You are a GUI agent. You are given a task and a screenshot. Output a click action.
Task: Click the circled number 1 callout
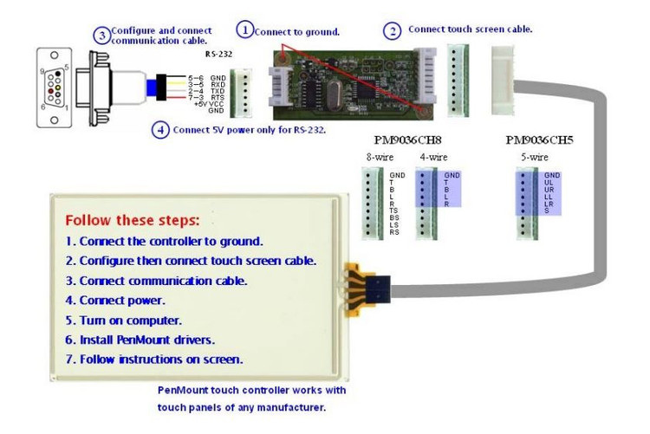pyautogui.click(x=245, y=30)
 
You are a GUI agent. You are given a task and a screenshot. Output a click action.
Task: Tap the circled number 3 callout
pyautogui.click(x=101, y=36)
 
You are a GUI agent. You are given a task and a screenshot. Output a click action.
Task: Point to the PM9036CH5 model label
pyautogui.click(x=538, y=139)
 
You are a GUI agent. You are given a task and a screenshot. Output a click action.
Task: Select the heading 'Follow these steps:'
pyautogui.click(x=132, y=220)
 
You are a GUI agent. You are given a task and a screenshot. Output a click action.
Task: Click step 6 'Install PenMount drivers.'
pyautogui.click(x=140, y=340)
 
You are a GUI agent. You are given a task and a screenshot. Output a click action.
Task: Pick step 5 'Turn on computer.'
pyautogui.click(x=124, y=320)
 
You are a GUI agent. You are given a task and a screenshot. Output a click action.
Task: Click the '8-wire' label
pyautogui.click(x=379, y=158)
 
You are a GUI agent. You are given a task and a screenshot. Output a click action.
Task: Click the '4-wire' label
pyautogui.click(x=432, y=158)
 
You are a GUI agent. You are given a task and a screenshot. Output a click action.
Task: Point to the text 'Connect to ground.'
pyautogui.click(x=297, y=32)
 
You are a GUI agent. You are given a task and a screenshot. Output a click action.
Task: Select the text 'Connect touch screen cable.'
pyautogui.click(x=470, y=29)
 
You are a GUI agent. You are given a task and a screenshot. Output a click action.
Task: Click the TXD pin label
pyautogui.click(x=218, y=90)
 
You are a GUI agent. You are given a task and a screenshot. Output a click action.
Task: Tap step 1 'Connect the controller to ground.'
pyautogui.click(x=164, y=241)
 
